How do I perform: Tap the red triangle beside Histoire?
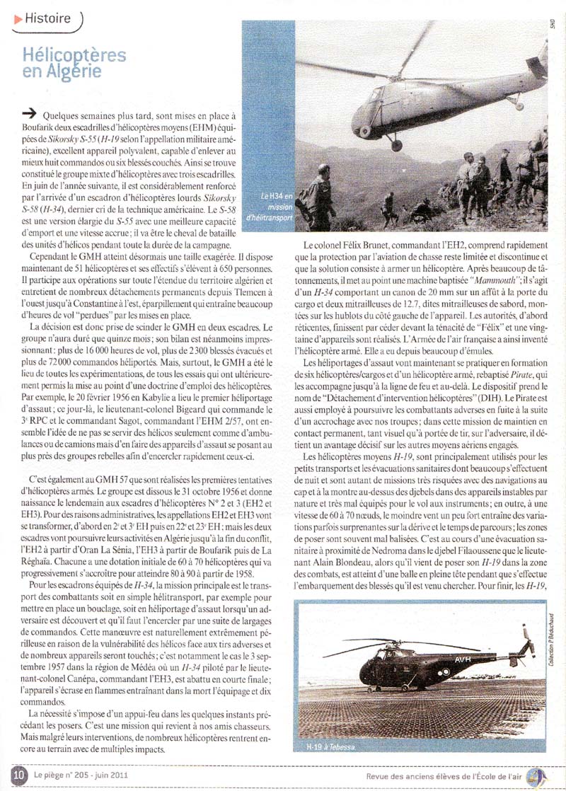click(x=18, y=19)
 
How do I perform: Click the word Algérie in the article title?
click(x=71, y=71)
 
